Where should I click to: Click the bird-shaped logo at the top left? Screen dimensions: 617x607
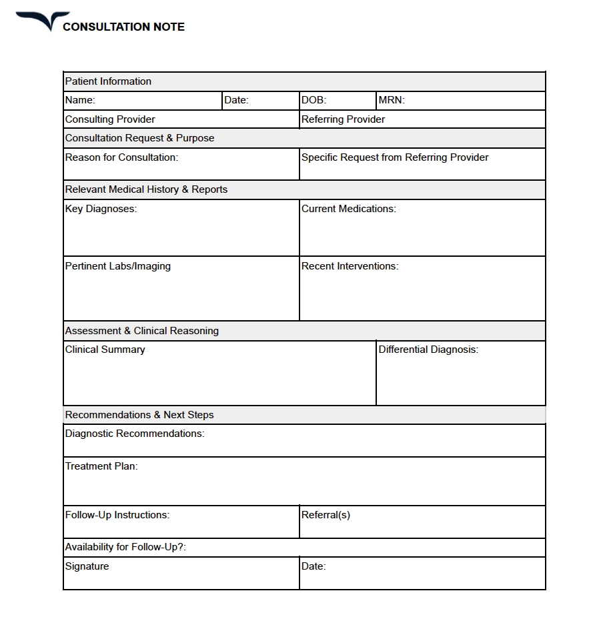coord(43,21)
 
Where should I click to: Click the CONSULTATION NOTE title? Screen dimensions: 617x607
coord(123,27)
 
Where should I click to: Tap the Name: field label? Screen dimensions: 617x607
coord(80,101)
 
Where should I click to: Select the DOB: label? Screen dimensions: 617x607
coord(314,101)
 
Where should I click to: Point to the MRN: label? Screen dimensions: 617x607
coord(392,101)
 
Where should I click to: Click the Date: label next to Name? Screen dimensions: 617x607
coord(236,101)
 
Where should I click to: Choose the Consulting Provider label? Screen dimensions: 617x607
coord(110,119)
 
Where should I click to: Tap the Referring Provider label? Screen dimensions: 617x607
coord(343,119)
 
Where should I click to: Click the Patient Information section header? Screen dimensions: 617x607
coord(108,81)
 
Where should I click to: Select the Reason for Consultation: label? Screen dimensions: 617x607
coord(121,157)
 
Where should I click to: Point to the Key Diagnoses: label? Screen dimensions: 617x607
coord(101,209)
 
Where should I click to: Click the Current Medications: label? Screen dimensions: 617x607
coord(348,209)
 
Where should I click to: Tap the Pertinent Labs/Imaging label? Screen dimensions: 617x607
coord(118,266)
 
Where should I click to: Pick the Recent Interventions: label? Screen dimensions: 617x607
coord(350,266)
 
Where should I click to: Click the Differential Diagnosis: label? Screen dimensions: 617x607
coord(428,350)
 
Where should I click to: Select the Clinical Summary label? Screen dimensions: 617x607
coord(105,350)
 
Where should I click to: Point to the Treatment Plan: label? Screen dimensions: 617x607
coord(101,466)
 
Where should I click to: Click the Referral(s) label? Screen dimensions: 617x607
coord(326,515)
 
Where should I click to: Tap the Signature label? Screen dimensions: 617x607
coord(87,566)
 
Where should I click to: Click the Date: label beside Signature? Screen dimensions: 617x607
coord(314,566)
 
